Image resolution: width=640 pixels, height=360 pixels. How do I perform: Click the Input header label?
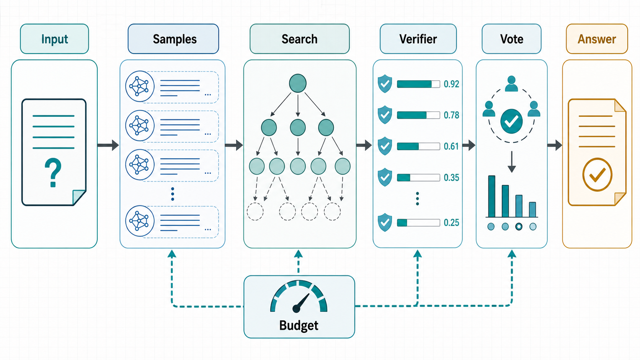[54, 39]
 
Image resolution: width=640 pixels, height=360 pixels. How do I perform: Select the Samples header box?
[173, 39]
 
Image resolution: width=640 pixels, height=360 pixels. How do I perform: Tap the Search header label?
[299, 39]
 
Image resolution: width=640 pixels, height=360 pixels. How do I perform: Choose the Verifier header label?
[418, 39]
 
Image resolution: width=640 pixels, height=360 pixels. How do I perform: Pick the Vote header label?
[511, 39]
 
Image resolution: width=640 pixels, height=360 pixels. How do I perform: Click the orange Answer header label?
[597, 39]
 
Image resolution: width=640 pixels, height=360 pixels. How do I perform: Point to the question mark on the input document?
[53, 173]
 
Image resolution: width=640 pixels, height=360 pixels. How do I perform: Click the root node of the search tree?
[298, 83]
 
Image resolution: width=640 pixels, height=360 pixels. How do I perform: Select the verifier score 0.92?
[451, 84]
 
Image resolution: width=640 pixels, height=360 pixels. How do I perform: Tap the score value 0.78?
[451, 115]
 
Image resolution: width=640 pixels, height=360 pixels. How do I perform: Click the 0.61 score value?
[451, 146]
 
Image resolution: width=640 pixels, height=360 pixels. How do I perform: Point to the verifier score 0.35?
[451, 178]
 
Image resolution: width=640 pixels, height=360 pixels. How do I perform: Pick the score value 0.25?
[451, 222]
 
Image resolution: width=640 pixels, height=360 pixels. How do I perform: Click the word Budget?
[299, 326]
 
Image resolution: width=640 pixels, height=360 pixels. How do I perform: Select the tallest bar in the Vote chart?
[492, 196]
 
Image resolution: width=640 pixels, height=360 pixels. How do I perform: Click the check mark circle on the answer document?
[597, 174]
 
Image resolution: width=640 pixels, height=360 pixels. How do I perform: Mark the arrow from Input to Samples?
[108, 145]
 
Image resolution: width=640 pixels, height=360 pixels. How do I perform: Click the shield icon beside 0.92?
[385, 84]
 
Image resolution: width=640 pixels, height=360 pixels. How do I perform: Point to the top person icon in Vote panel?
[511, 84]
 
